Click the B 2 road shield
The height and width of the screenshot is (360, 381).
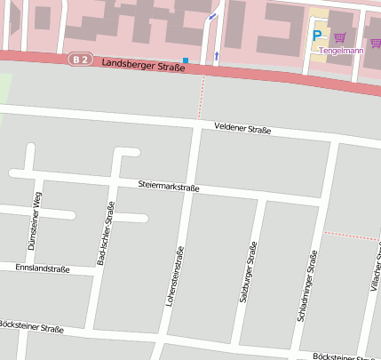81,60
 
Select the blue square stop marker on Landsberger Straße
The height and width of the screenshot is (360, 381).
186,60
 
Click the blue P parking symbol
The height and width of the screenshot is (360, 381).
317,36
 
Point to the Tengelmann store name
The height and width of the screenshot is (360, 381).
341,51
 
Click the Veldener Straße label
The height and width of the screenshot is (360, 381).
242,130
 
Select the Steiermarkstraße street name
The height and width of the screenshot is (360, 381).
169,187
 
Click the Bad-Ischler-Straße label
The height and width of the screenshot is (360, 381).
105,234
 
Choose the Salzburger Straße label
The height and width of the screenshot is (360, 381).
248,272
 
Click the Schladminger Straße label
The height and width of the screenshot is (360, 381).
307,284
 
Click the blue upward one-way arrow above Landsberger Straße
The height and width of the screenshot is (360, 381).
217,57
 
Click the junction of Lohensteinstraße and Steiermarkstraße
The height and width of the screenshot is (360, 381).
190,188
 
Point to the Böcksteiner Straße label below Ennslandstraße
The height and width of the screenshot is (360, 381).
32,329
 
